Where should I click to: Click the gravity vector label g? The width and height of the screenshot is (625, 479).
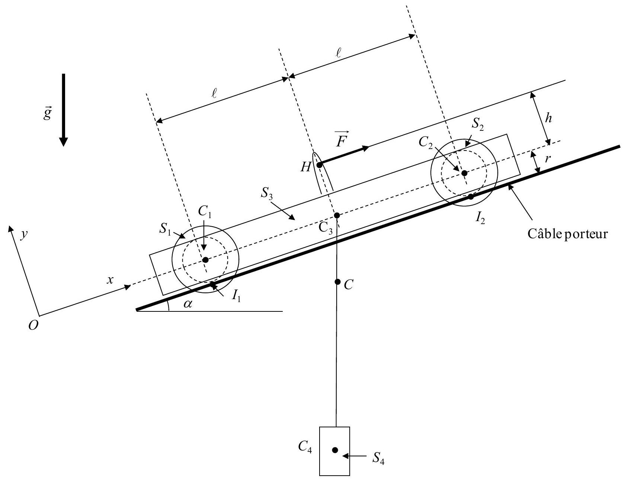(x=47, y=114)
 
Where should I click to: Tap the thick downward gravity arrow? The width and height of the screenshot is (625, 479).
(x=64, y=110)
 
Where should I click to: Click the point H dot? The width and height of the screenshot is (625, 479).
(x=319, y=165)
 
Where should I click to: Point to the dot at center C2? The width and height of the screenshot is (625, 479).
(x=464, y=173)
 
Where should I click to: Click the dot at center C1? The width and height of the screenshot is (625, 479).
(x=206, y=260)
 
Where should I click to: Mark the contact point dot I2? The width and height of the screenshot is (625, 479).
(x=471, y=197)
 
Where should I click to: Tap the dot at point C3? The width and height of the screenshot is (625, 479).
(x=337, y=216)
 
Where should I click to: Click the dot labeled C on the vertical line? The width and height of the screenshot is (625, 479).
(x=337, y=282)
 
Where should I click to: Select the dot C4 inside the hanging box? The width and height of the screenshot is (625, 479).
(x=335, y=450)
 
